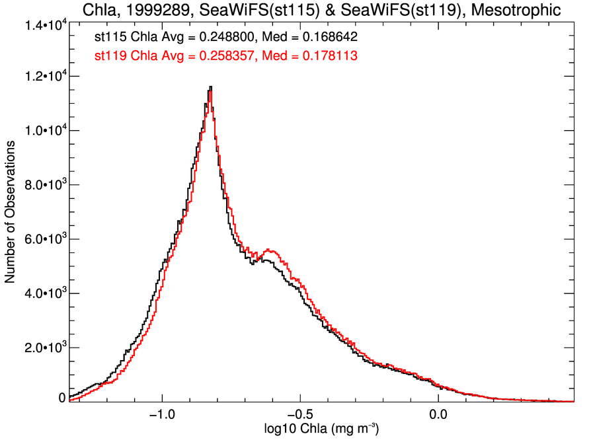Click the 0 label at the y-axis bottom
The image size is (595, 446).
(x=62, y=398)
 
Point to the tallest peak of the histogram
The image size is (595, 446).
(x=210, y=88)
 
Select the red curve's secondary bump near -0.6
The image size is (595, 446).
(x=269, y=250)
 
